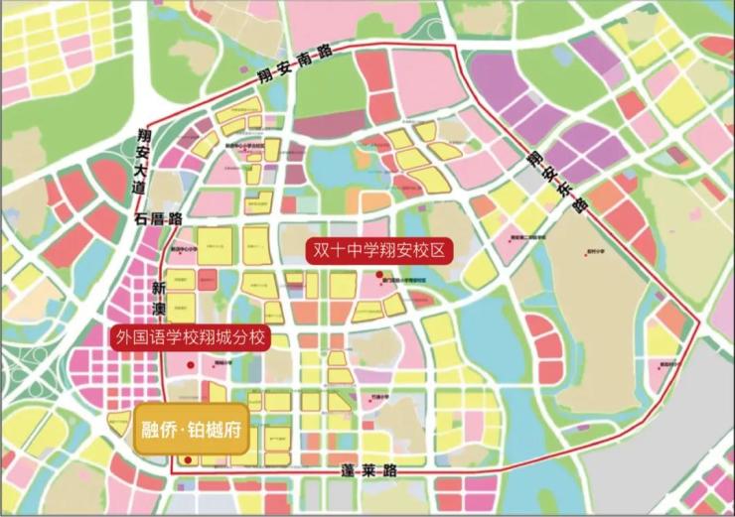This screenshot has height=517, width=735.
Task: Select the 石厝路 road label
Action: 159,217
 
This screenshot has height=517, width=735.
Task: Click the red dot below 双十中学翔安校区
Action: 378,274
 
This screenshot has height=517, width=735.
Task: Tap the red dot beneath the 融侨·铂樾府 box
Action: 188,460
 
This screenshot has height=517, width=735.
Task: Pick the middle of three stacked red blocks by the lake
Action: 543,347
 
